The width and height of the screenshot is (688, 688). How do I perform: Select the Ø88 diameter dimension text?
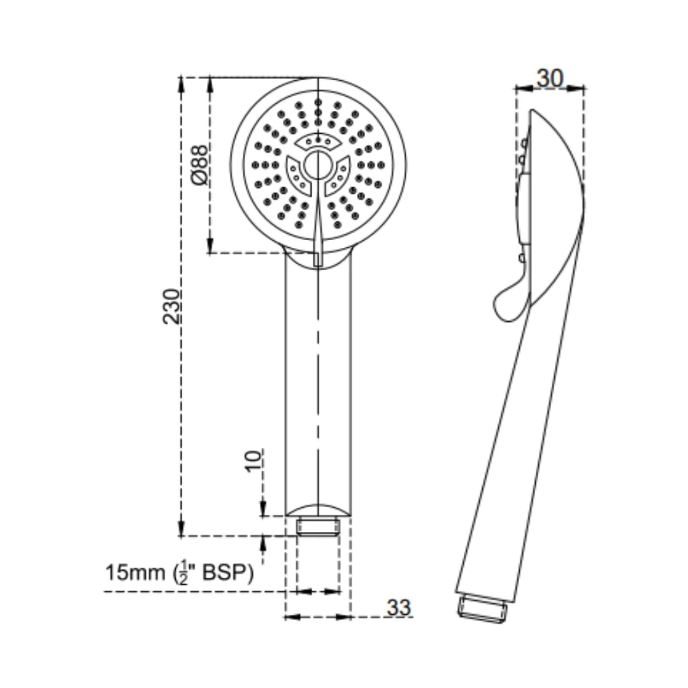coord(199,165)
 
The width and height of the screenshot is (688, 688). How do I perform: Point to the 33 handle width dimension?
coord(399,608)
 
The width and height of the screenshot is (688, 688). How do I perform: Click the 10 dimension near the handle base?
coord(254,460)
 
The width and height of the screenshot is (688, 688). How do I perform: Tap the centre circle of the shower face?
coord(317,165)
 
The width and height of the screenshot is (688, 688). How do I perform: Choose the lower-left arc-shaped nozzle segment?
coord(297,176)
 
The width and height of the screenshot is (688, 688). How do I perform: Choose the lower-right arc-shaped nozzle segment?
coord(337,176)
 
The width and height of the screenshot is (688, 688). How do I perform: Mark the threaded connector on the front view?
coord(317,527)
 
